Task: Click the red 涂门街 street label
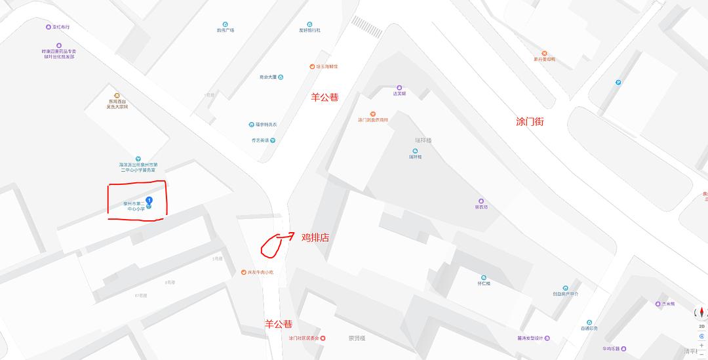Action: click(530, 122)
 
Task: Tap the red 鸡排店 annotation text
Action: click(315, 237)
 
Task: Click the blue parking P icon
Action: click(618, 82)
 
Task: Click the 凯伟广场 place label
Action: click(226, 30)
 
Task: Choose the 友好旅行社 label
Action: click(309, 30)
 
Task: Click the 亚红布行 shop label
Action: click(57, 27)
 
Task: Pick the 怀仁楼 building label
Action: click(484, 283)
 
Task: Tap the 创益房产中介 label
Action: click(565, 294)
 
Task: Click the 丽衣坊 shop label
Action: click(481, 207)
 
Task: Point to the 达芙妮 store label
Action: click(399, 93)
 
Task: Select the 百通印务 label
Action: click(589, 329)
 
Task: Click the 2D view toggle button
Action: click(701, 325)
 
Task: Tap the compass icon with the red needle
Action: click(701, 311)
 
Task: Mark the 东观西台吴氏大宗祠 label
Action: click(117, 104)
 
